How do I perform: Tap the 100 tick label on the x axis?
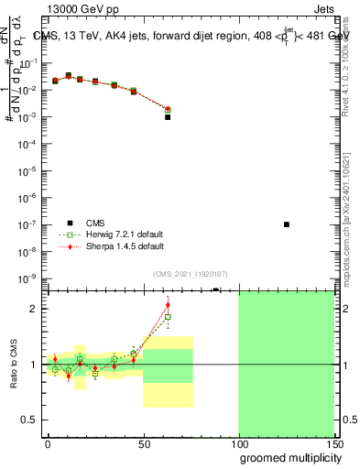tap(238, 443)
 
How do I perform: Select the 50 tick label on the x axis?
tap(143, 443)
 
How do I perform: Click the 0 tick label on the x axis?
tap(48, 443)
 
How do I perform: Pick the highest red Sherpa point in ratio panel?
tap(168, 305)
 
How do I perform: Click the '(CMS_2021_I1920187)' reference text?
tap(189, 274)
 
